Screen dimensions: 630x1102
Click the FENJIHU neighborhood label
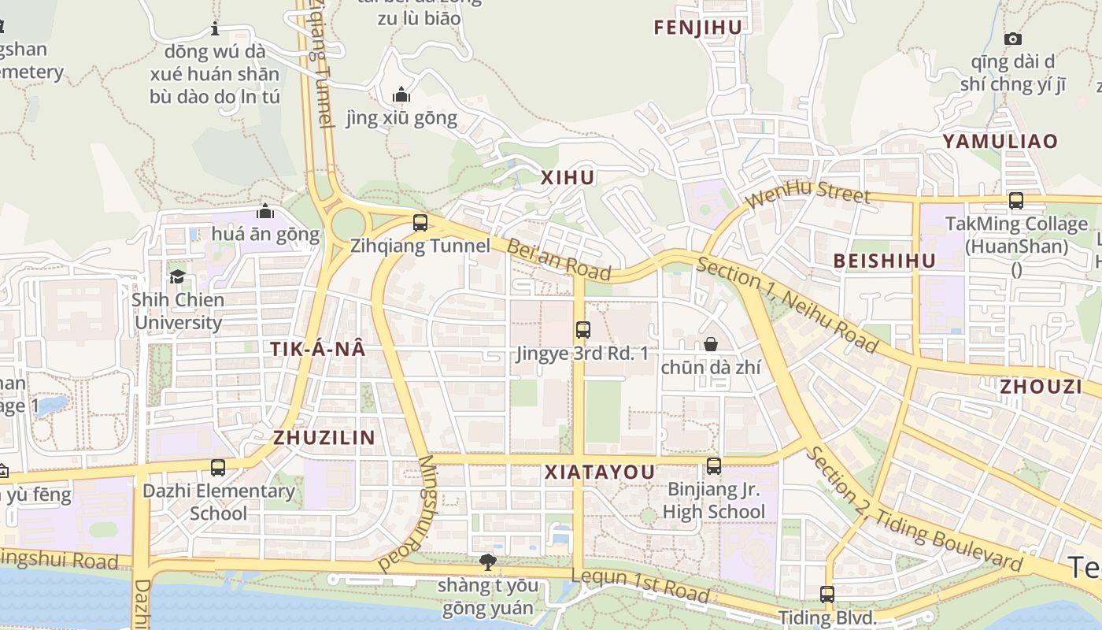point(697,28)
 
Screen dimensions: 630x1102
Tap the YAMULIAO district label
point(1000,141)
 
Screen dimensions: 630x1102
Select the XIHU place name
point(568,178)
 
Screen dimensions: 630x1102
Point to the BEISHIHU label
point(884,261)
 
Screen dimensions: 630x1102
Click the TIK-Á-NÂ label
point(318,349)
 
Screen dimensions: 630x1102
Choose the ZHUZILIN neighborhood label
point(324,438)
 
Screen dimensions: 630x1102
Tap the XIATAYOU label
point(600,472)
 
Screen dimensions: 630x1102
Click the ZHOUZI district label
point(1041,386)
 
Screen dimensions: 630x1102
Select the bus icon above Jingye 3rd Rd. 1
point(582,330)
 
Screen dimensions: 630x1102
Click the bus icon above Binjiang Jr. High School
point(713,466)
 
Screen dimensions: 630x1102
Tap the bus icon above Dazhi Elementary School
point(218,468)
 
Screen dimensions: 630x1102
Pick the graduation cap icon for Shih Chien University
point(177,276)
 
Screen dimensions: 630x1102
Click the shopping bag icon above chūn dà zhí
point(710,344)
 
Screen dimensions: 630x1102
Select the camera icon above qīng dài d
point(1013,39)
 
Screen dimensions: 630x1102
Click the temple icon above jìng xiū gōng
point(401,95)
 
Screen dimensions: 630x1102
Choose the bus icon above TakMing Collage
point(1016,201)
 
